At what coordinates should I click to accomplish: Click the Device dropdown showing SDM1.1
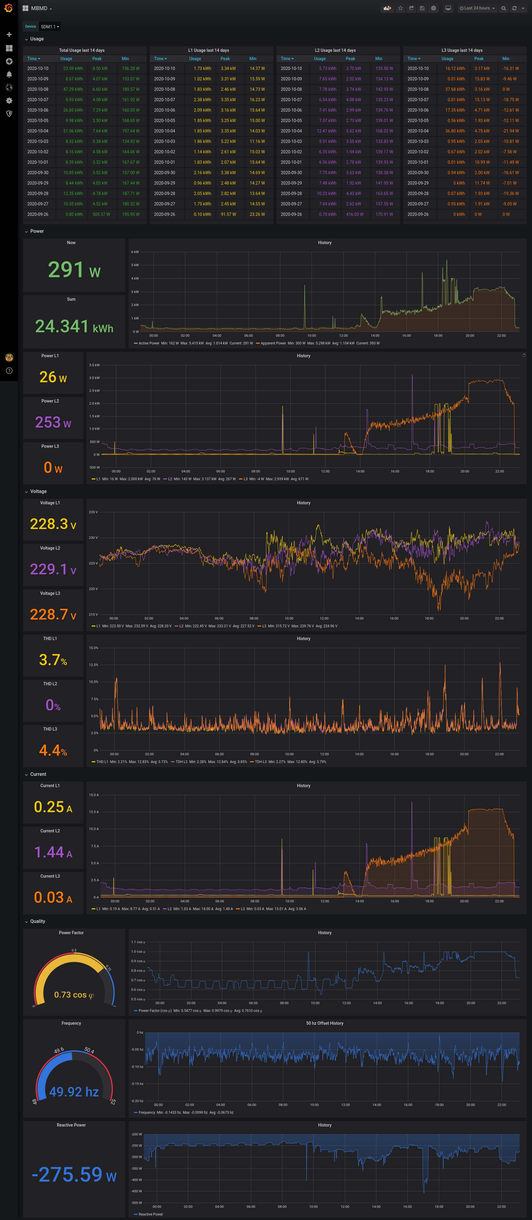tap(50, 26)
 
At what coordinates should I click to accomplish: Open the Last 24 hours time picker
tap(477, 8)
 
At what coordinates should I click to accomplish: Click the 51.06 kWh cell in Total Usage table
tap(72, 131)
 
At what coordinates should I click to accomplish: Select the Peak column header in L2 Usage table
tap(350, 59)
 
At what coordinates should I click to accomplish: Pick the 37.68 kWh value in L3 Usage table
tap(454, 89)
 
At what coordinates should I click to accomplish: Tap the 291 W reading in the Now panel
tap(74, 269)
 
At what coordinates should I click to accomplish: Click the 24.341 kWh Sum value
tap(74, 326)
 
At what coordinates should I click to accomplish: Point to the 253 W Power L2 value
tap(53, 422)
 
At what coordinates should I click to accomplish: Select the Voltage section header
tap(38, 491)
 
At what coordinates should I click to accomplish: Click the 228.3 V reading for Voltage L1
tap(53, 524)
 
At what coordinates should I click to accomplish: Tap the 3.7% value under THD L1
tap(53, 660)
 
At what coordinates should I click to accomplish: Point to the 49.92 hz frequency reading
tap(74, 1092)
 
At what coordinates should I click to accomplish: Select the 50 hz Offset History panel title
tap(324, 1023)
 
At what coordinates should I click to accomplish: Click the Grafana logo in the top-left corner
tap(9, 8)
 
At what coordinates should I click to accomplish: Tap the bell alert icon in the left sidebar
tap(9, 74)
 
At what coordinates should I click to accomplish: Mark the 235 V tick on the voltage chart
tap(93, 512)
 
